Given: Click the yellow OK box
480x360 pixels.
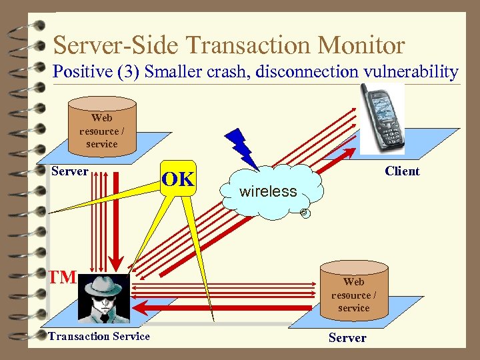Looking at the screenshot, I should coord(179,179).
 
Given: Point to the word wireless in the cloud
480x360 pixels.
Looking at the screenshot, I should coord(268,192).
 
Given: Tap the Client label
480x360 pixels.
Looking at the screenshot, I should coord(402,171).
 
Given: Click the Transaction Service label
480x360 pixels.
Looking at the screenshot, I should coord(99,337).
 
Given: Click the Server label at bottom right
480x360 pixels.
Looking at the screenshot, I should coord(347,338).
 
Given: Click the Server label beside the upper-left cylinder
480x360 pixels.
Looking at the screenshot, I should coord(70,171).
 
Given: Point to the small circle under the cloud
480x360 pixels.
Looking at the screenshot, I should coord(304,213).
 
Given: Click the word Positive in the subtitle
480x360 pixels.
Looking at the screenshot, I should coord(83,71).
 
